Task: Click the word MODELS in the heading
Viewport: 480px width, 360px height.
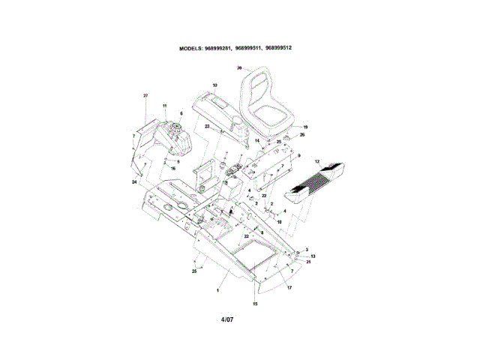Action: tap(190, 48)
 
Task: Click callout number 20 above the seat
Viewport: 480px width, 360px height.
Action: tap(238, 67)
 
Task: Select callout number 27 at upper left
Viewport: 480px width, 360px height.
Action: tap(145, 96)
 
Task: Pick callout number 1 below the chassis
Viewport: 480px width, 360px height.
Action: tap(217, 289)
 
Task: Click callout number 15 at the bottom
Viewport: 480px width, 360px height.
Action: tap(254, 304)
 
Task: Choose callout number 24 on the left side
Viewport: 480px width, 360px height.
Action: tap(134, 182)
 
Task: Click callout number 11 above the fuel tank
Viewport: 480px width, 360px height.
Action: tap(164, 106)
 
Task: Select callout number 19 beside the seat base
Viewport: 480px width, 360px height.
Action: tap(305, 127)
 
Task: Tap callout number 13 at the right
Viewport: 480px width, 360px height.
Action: tap(313, 256)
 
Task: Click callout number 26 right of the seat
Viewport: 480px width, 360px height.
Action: tap(302, 135)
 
